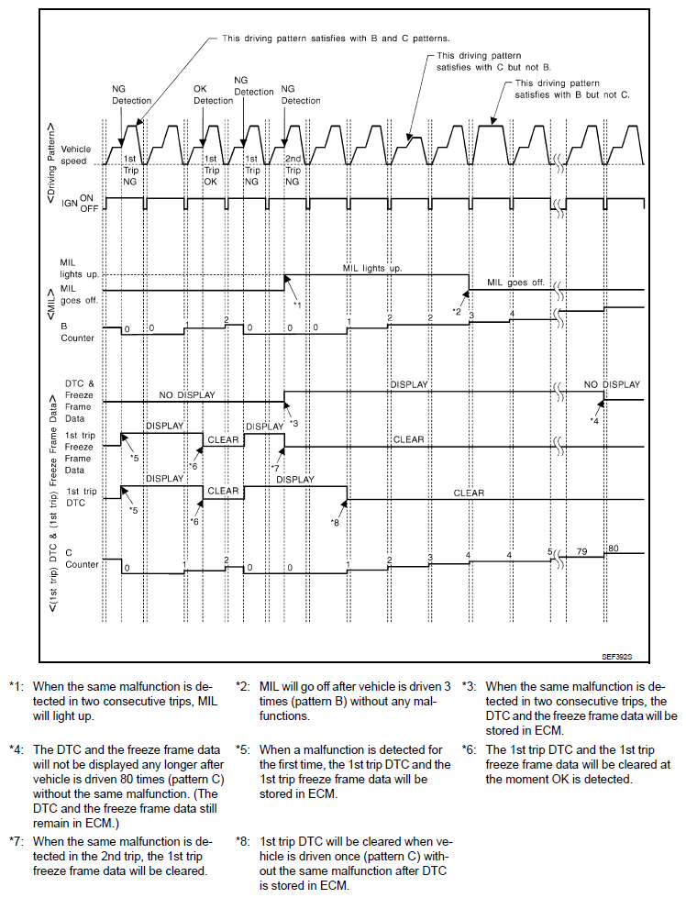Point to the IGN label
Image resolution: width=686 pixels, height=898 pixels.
[70, 205]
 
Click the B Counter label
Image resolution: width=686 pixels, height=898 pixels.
[76, 331]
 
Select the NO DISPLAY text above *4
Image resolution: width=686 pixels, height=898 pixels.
[613, 384]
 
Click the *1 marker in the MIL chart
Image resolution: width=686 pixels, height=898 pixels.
[297, 303]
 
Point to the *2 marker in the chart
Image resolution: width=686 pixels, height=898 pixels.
[457, 312]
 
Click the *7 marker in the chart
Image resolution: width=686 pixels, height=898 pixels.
[275, 469]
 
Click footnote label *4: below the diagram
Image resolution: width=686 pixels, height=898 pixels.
[17, 749]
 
